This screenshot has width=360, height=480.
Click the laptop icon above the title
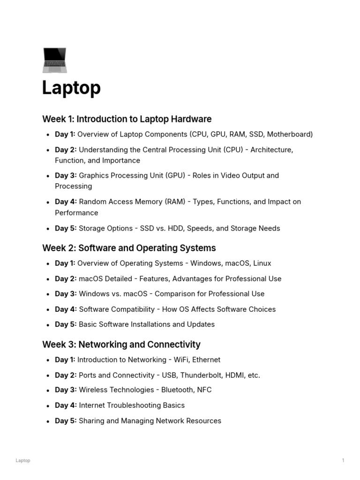click(54, 60)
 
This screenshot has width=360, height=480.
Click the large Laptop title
click(71, 88)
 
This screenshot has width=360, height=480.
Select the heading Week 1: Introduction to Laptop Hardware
click(127, 119)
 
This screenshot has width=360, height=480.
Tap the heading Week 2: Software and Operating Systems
click(129, 248)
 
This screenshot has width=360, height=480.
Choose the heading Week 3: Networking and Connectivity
click(121, 345)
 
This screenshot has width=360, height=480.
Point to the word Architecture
click(272, 150)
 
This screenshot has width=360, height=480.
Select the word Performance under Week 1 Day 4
click(76, 213)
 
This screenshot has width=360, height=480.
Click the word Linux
click(261, 263)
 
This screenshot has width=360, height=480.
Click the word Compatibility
click(131, 309)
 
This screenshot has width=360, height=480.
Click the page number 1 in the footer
click(343, 461)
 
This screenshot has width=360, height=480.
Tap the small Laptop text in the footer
click(23, 461)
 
